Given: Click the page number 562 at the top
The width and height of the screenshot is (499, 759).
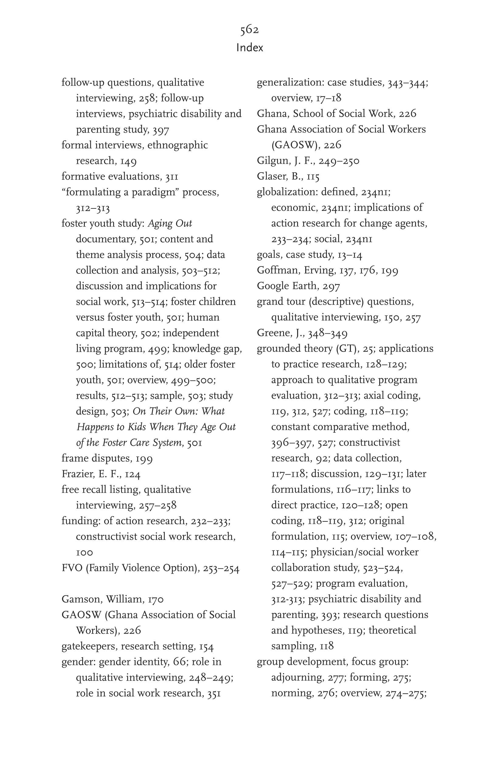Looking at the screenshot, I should click(249, 30).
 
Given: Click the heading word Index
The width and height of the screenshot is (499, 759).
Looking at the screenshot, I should click(250, 48).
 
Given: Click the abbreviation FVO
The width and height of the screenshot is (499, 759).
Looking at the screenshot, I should click(72, 568).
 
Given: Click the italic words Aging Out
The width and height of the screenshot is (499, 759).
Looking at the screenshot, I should click(170, 224).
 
